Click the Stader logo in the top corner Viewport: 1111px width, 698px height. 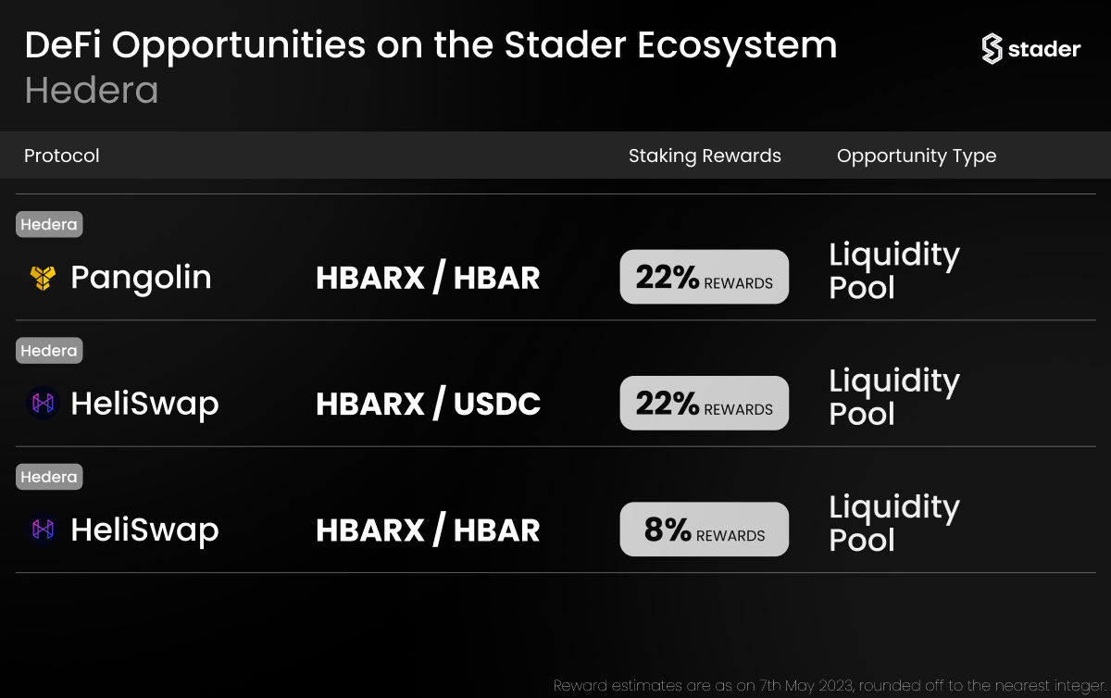[x=1030, y=49]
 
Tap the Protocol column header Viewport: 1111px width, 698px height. [x=61, y=156]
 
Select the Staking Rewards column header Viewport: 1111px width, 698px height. [x=705, y=156]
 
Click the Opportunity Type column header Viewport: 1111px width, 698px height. [x=917, y=156]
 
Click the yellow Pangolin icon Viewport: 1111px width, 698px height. [x=43, y=278]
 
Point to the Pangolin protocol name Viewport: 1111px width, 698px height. [x=141, y=278]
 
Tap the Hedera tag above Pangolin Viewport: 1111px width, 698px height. [x=49, y=224]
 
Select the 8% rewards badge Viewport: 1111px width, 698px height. [x=705, y=529]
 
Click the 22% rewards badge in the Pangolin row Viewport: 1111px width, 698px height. [x=705, y=276]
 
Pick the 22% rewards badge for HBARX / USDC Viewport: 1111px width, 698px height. [x=705, y=403]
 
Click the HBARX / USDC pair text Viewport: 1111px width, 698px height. [x=428, y=403]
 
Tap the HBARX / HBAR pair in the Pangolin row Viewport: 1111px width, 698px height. [x=428, y=277]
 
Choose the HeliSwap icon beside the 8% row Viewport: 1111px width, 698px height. [x=43, y=529]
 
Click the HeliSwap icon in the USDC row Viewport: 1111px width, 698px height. [x=43, y=403]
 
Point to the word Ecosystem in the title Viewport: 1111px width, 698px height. [x=737, y=46]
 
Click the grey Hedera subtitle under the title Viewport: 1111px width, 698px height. [x=92, y=91]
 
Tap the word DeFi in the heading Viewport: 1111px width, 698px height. [x=63, y=44]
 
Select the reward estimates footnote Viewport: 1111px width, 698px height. [x=830, y=686]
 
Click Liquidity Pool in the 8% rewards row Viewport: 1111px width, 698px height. [x=894, y=523]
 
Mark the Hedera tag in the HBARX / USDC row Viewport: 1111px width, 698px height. [x=49, y=351]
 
